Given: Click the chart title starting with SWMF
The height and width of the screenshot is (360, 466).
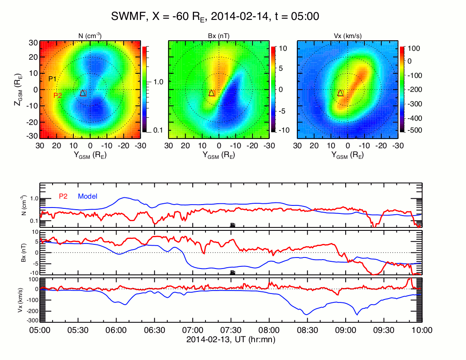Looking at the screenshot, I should pyautogui.click(x=215, y=17).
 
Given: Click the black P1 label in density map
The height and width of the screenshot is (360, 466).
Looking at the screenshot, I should pyautogui.click(x=53, y=78).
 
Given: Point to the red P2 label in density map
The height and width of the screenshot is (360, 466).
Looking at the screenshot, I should pyautogui.click(x=58, y=96).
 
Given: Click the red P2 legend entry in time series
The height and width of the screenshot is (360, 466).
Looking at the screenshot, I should pyautogui.click(x=63, y=196).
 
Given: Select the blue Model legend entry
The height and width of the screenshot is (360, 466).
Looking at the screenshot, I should pyautogui.click(x=88, y=196).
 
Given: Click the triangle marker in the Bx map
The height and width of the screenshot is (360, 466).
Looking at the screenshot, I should pyautogui.click(x=212, y=93).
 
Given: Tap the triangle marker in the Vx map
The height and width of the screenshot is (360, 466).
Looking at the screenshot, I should pyautogui.click(x=341, y=93).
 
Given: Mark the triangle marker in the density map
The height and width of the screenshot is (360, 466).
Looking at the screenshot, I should pyautogui.click(x=83, y=93).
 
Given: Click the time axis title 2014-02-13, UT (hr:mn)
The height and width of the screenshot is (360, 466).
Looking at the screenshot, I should pyautogui.click(x=231, y=339).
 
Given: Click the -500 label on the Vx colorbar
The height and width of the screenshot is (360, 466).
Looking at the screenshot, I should pyautogui.click(x=413, y=130).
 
